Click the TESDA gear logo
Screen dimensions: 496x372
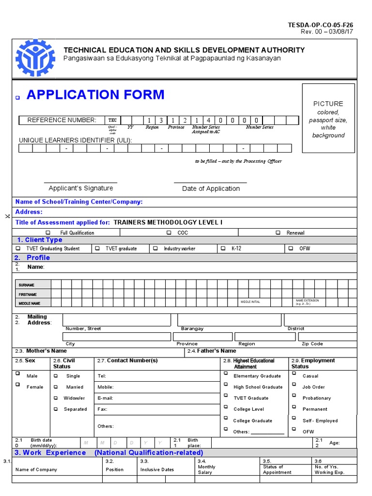(35, 58)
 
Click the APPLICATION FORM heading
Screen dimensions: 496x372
(95, 94)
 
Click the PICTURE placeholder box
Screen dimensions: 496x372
(328, 119)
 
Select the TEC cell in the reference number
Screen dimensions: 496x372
(112, 120)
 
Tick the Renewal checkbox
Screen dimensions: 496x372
(278, 233)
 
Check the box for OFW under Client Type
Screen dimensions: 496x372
(290, 248)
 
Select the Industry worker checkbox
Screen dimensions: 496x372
(155, 248)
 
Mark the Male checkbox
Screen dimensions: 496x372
(18, 374)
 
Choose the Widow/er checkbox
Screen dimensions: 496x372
(55, 398)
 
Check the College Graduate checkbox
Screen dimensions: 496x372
(225, 418)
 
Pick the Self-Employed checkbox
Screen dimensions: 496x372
(293, 418)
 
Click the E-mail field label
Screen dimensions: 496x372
(105, 398)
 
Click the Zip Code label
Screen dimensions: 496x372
(312, 344)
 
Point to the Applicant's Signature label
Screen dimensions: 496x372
(81, 188)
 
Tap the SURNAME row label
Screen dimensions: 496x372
(28, 285)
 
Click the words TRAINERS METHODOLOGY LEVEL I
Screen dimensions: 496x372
(168, 222)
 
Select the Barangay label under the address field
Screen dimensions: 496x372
(192, 329)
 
